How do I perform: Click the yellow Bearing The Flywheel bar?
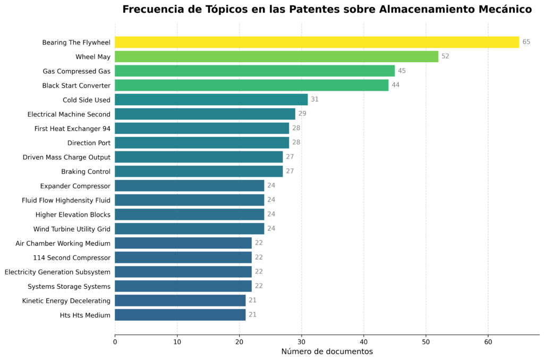(317, 42)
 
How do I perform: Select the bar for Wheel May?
(276, 57)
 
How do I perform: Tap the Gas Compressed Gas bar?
(254, 71)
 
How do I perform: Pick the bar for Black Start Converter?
(251, 85)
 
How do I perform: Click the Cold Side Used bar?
(211, 100)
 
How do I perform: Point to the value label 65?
(526, 42)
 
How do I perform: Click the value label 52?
(445, 56)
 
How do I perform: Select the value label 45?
(402, 71)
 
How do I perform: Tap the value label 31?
(314, 99)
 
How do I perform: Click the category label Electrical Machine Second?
(69, 114)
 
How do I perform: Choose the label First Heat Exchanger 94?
(72, 128)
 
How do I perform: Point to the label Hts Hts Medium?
(85, 315)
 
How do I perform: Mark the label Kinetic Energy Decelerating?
(66, 301)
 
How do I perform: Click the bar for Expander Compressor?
(189, 186)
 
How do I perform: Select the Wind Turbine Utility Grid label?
(72, 229)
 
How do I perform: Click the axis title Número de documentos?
(327, 352)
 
